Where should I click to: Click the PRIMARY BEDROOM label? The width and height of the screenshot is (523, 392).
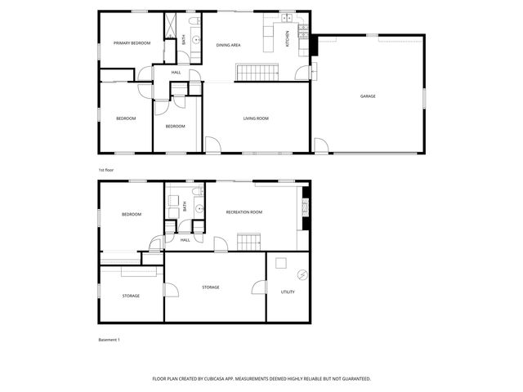point(132,43)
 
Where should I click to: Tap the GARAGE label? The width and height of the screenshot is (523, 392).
point(368,96)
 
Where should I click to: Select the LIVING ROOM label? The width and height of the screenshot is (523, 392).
point(256,118)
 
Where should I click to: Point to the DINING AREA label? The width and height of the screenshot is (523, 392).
point(228,45)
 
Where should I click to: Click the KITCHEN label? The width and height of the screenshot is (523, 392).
point(287,39)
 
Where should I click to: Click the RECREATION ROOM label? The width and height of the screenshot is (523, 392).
point(244,212)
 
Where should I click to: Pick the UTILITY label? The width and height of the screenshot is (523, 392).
point(288,292)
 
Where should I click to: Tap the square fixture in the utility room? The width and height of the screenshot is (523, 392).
point(282,263)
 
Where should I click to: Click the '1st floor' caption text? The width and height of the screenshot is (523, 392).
point(106,170)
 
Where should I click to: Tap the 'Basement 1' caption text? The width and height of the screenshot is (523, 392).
point(110,339)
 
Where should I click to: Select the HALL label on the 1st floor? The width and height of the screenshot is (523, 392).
point(177,73)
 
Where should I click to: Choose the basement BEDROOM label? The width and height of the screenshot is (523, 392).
point(132,214)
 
